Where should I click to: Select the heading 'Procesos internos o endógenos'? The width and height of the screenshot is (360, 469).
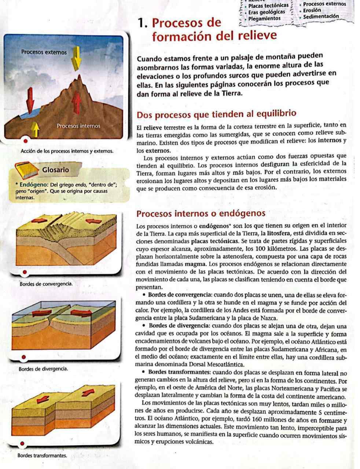[201, 214]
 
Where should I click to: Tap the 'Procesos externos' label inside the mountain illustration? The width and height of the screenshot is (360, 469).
[44, 52]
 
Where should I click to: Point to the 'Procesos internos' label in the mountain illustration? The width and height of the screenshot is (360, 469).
[78, 126]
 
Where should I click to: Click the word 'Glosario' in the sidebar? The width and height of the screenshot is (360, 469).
[55, 170]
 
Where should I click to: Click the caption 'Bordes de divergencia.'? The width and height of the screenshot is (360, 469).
[43, 369]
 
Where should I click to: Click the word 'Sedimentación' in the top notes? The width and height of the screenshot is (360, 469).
[321, 16]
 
